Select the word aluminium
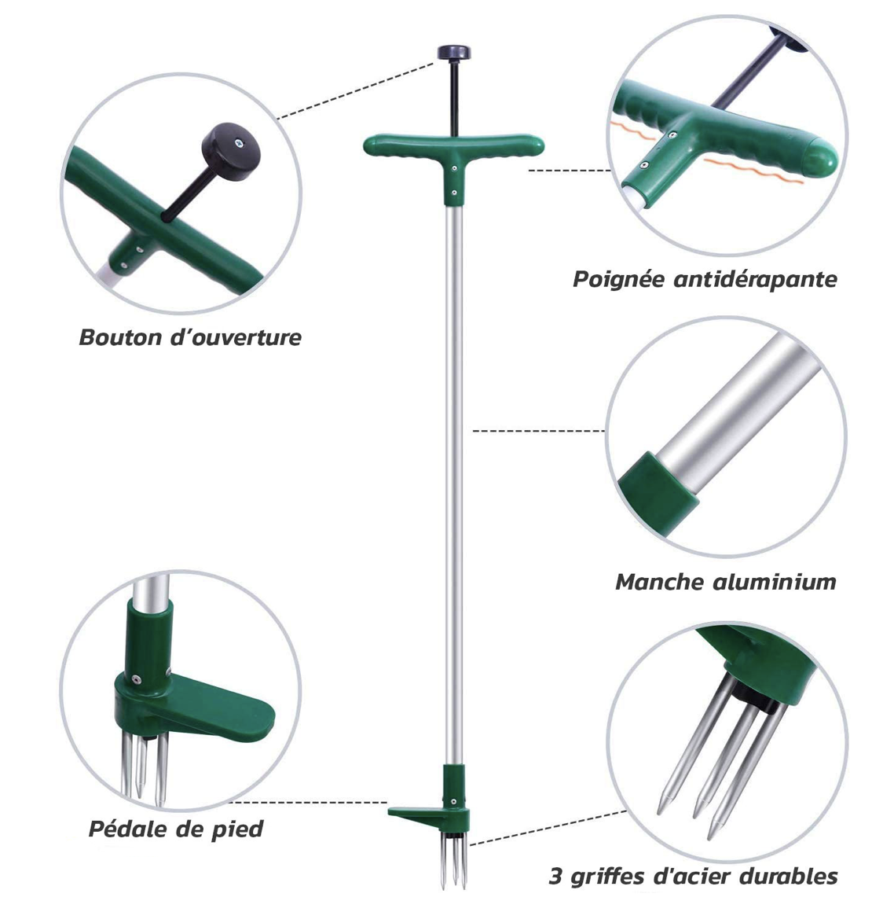click(x=775, y=582)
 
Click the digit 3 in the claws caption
click(x=556, y=876)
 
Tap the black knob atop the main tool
click(x=454, y=53)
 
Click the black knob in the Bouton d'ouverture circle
click(x=230, y=151)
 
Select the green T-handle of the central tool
click(x=454, y=153)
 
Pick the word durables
click(x=789, y=876)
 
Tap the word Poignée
click(x=620, y=280)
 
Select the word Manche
click(x=661, y=582)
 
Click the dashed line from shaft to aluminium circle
click(x=539, y=431)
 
